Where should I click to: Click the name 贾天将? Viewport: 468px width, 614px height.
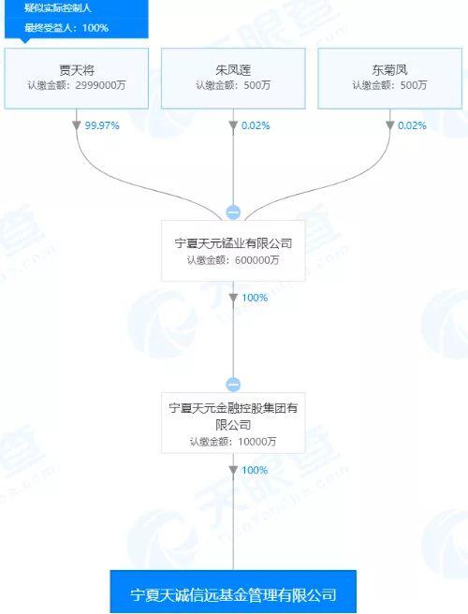pyautogui.click(x=77, y=70)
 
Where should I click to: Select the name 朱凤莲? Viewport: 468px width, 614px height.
pyautogui.click(x=233, y=70)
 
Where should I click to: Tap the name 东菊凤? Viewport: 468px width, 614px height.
pyautogui.click(x=389, y=70)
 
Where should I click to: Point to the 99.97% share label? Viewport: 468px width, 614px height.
pyautogui.click(x=102, y=125)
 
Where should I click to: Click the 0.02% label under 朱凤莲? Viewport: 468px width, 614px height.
pyautogui.click(x=256, y=125)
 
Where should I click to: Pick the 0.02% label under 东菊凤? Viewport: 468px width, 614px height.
pyautogui.click(x=412, y=125)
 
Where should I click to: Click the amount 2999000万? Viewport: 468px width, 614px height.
pyautogui.click(x=100, y=85)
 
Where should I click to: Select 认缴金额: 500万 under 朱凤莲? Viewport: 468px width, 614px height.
pyautogui.click(x=233, y=85)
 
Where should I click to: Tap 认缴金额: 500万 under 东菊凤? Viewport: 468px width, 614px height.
pyautogui.click(x=389, y=85)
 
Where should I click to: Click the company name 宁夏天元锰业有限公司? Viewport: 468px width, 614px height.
pyautogui.click(x=233, y=243)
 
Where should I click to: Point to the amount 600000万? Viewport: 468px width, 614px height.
pyautogui.click(x=256, y=260)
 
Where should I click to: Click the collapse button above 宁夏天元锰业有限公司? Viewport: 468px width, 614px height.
pyautogui.click(x=233, y=212)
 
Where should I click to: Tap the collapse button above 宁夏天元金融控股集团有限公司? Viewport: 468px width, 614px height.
pyautogui.click(x=233, y=385)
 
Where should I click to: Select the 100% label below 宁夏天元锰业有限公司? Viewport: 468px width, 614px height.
pyautogui.click(x=255, y=298)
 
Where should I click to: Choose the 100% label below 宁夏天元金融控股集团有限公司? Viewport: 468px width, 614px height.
pyautogui.click(x=255, y=470)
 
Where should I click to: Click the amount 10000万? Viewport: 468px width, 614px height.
pyautogui.click(x=256, y=442)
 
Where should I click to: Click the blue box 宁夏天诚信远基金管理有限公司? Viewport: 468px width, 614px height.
pyautogui.click(x=233, y=592)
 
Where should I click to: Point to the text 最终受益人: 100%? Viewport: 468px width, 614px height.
pyautogui.click(x=66, y=28)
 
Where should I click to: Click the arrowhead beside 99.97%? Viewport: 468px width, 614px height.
pyautogui.click(x=77, y=125)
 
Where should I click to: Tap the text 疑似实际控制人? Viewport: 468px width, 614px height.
pyautogui.click(x=58, y=7)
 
